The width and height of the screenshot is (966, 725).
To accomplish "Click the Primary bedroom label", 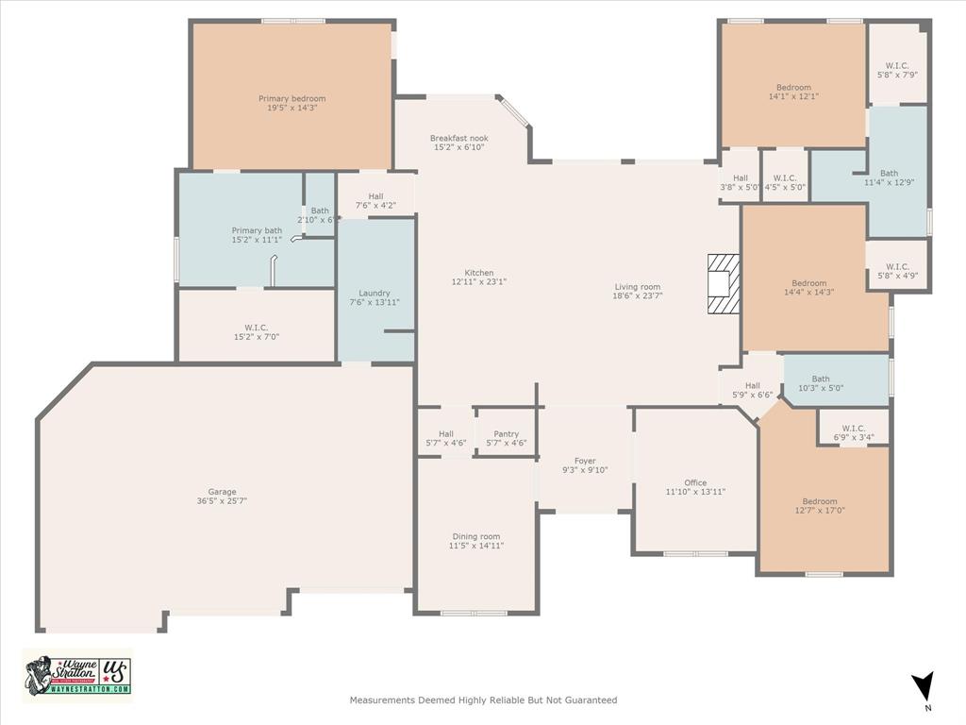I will click(x=291, y=98).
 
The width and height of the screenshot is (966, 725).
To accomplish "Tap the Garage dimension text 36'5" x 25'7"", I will click(x=223, y=501).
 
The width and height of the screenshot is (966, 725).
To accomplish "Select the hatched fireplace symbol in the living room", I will click(x=724, y=283).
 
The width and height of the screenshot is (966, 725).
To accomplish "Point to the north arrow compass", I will click(x=925, y=687).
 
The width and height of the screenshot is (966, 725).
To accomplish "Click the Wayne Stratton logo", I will click(x=77, y=675).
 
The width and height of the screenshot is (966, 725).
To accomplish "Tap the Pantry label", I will click(x=506, y=434).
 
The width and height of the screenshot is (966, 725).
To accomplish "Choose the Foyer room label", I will click(x=585, y=461).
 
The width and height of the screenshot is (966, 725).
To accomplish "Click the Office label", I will click(x=695, y=482).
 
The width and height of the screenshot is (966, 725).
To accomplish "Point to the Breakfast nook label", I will click(x=459, y=138).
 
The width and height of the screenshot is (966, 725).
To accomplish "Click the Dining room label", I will click(x=476, y=536).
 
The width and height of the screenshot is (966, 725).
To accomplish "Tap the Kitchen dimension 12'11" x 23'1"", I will click(x=479, y=281).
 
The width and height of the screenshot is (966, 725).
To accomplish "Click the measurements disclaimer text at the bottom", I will click(x=483, y=700).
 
